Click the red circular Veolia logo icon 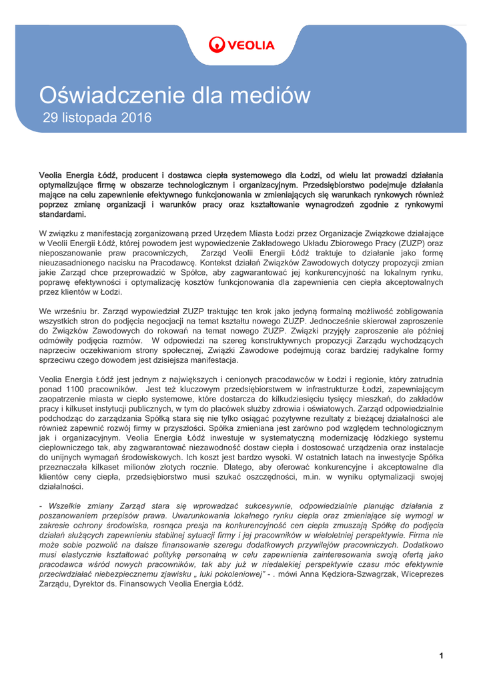(217, 45)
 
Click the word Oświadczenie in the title (106, 95)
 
